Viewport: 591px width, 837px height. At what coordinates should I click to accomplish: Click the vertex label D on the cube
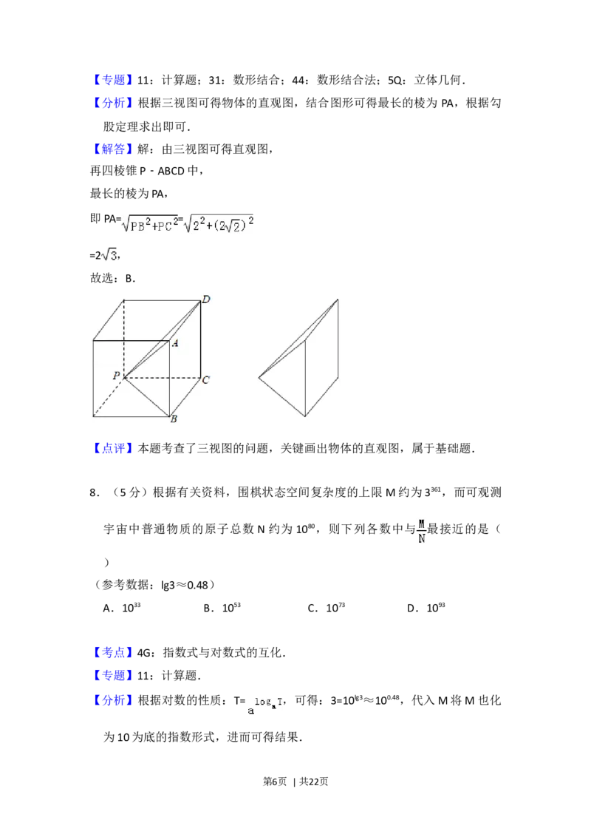(x=206, y=299)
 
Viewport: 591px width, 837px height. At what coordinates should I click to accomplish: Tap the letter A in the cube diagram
(x=176, y=343)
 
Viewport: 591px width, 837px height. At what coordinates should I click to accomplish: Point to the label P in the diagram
(x=116, y=376)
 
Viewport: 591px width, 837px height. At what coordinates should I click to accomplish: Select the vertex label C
(x=206, y=380)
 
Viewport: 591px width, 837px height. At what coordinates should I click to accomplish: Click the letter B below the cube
(x=174, y=420)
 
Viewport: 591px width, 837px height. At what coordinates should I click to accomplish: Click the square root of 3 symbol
(x=109, y=254)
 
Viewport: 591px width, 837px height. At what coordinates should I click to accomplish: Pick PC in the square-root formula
(x=165, y=226)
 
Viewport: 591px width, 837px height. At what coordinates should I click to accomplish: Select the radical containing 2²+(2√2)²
(x=218, y=226)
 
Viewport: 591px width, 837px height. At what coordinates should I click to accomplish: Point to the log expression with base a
(x=263, y=704)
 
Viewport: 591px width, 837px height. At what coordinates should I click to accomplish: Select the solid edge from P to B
(x=148, y=398)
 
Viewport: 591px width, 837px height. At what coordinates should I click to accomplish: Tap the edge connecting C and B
(x=185, y=397)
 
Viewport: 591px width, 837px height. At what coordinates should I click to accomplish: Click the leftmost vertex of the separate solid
(x=259, y=378)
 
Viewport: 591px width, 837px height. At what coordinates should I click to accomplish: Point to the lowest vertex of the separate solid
(x=307, y=416)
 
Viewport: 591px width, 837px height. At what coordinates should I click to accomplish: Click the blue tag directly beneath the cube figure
(x=115, y=447)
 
